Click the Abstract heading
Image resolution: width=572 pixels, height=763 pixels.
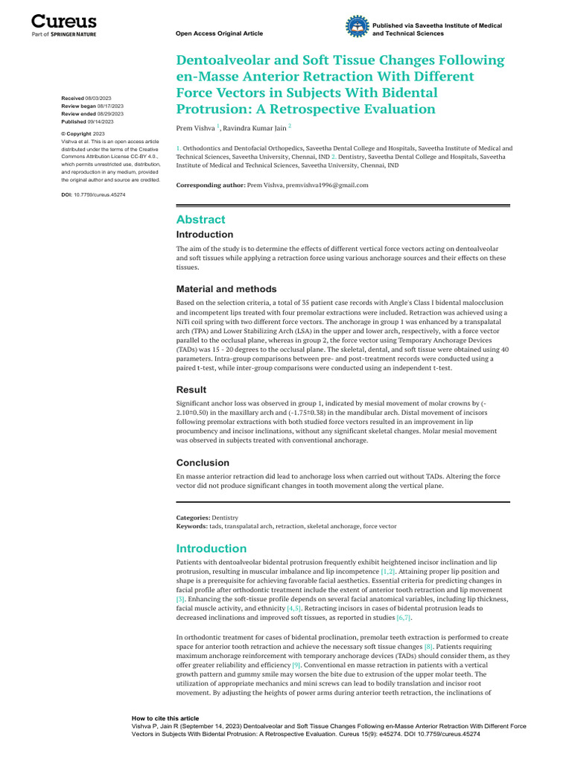tap(200, 220)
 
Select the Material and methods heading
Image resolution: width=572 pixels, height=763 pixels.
tap(226, 289)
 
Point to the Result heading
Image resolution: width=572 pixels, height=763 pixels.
tap(191, 390)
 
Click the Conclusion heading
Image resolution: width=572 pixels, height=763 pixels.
tap(203, 463)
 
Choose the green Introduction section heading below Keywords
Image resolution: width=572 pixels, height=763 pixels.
tap(211, 548)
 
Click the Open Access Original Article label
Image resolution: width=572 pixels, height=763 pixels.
tap(219, 34)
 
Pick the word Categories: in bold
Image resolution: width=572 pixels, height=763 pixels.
tap(193, 517)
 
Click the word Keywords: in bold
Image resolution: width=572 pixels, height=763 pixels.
tap(192, 526)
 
